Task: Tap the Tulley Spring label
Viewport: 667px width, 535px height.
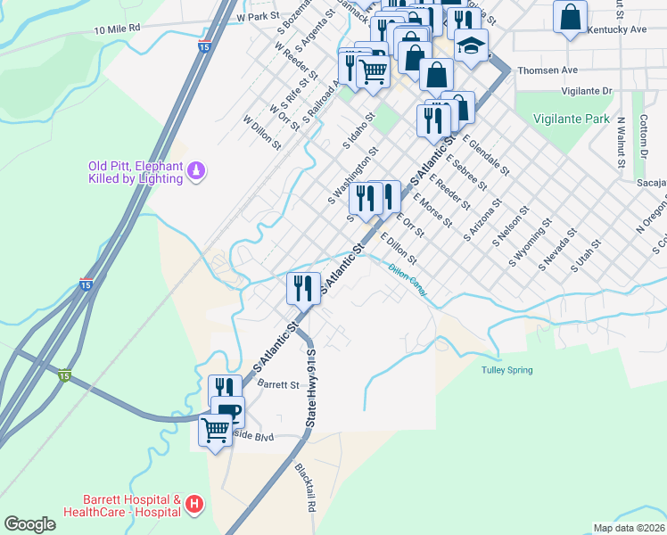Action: point(506,370)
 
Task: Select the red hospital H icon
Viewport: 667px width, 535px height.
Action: point(195,506)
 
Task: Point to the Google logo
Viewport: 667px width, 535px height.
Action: point(29,524)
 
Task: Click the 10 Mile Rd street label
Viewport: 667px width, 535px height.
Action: point(117,29)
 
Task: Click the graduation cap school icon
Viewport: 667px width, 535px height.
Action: point(472,45)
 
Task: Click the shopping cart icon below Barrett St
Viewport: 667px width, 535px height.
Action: point(215,430)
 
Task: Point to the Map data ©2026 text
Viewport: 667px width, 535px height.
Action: point(628,527)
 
